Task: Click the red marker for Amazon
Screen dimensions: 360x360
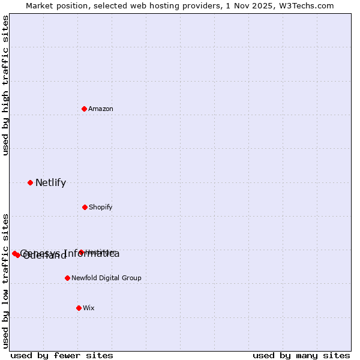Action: coord(85,109)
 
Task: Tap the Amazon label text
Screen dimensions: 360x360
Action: coord(101,109)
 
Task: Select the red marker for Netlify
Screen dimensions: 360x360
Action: coord(30,182)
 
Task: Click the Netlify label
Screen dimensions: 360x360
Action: coord(50,183)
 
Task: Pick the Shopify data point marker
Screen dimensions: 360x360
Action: coord(85,207)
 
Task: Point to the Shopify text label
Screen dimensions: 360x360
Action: coord(101,207)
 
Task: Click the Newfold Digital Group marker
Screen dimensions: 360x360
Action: coord(67,278)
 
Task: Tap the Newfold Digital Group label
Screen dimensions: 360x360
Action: coord(106,278)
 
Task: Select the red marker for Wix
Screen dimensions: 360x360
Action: coord(79,308)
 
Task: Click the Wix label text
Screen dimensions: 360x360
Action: coord(89,308)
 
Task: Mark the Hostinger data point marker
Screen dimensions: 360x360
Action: coord(81,252)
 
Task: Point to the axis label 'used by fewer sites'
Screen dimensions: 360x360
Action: coord(62,355)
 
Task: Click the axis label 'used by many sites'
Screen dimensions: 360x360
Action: coord(301,355)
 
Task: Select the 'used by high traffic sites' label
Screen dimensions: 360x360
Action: coord(5,85)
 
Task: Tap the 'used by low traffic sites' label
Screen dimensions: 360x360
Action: coord(5,280)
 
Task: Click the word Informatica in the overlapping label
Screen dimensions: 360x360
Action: coord(94,254)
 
